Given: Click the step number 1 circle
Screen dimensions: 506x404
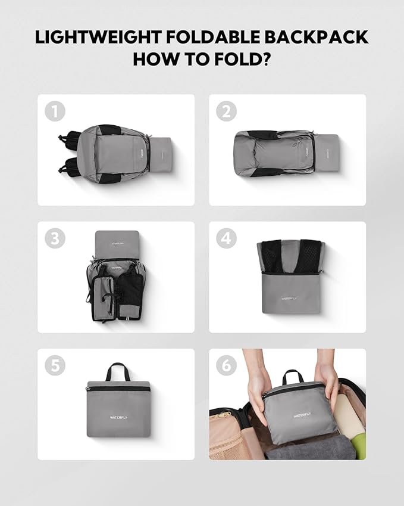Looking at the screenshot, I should (55, 111).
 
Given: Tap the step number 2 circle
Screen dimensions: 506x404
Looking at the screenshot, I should (226, 111).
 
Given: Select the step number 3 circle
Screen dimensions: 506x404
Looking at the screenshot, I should (55, 238).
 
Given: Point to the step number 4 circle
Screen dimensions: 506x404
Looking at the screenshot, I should (226, 238).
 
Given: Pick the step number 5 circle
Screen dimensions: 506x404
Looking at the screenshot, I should (55, 366).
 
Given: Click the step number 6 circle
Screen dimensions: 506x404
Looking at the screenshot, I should (226, 366).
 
